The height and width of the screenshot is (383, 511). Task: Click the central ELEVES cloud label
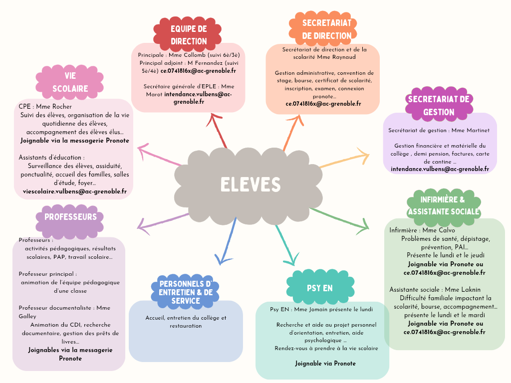point(251,185)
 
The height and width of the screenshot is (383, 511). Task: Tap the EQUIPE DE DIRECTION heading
point(189,35)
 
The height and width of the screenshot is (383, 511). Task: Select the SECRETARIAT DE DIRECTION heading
point(327,29)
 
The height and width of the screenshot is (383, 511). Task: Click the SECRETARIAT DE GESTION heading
point(439,105)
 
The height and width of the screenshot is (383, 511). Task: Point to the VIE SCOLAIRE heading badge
point(70,82)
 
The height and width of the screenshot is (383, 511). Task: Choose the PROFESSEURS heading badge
point(70,217)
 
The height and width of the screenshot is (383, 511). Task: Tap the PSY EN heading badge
point(320,288)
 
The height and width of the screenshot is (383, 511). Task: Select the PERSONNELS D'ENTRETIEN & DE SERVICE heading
point(185,292)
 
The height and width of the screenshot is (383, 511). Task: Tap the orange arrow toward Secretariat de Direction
point(293,132)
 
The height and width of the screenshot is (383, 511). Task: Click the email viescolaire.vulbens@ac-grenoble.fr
point(75,191)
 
